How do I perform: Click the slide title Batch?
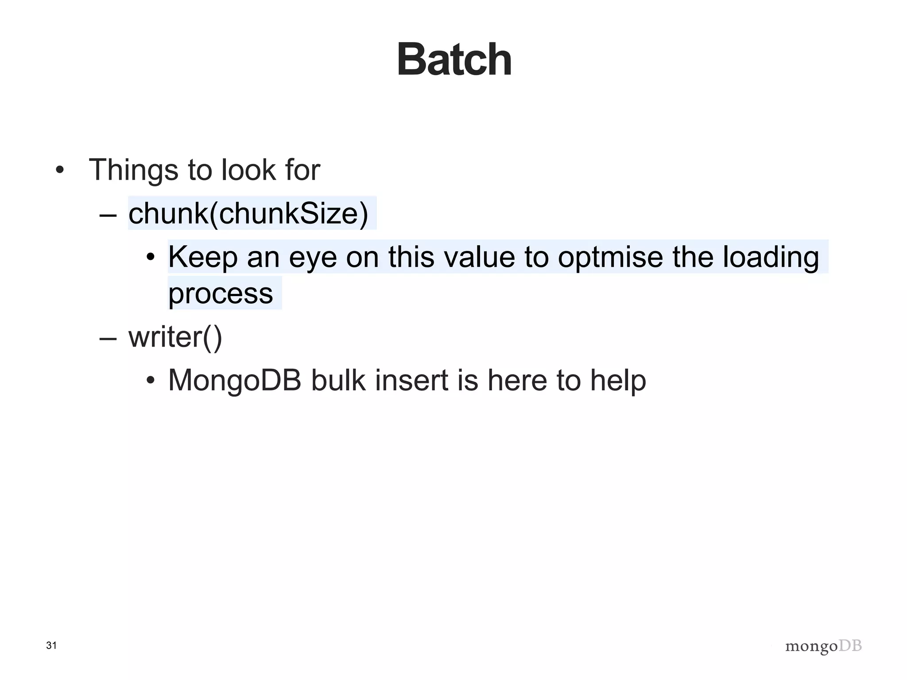pos(454,60)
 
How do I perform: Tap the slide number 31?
pos(51,645)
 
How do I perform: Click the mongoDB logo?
pos(823,646)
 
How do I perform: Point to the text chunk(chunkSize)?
pos(248,213)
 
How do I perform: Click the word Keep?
pos(203,257)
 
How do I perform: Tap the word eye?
pos(313,258)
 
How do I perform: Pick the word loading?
pos(771,258)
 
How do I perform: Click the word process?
pos(221,294)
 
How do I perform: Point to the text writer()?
pos(175,337)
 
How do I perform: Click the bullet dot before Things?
pos(60,170)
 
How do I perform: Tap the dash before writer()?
pos(108,338)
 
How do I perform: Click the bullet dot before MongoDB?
pos(151,381)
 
